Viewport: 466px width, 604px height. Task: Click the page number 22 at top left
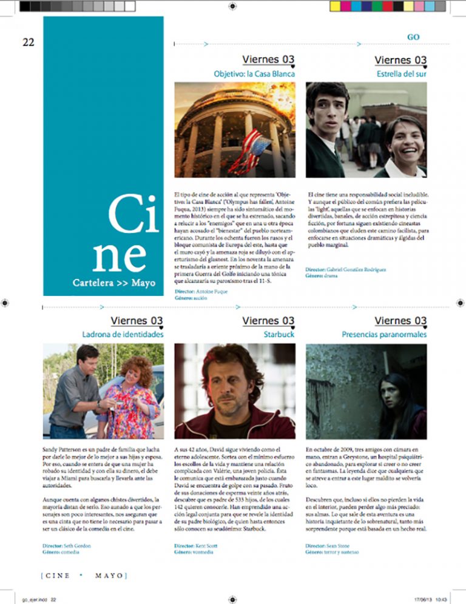tap(29, 42)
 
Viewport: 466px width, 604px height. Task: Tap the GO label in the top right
tap(413, 37)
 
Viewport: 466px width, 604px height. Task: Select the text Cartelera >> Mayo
tap(113, 283)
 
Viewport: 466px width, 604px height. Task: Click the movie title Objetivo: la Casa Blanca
tap(254, 74)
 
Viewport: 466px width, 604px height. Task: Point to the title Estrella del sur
tap(401, 74)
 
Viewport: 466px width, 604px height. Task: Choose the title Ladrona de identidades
tap(123, 334)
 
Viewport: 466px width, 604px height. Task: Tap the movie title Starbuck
tap(279, 334)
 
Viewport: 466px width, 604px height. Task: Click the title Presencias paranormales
tap(384, 334)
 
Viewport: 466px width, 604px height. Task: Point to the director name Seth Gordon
tap(76, 546)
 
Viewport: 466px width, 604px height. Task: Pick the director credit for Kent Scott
tap(205, 546)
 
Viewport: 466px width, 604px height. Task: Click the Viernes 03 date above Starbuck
tap(268, 321)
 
